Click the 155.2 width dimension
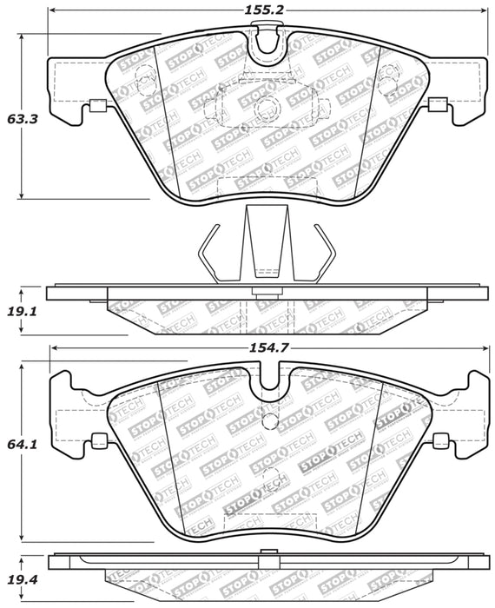[248, 10]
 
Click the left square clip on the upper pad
[97, 107]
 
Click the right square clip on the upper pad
[436, 106]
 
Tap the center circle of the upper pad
[266, 107]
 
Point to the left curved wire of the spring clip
[208, 252]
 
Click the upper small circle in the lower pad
[268, 423]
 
